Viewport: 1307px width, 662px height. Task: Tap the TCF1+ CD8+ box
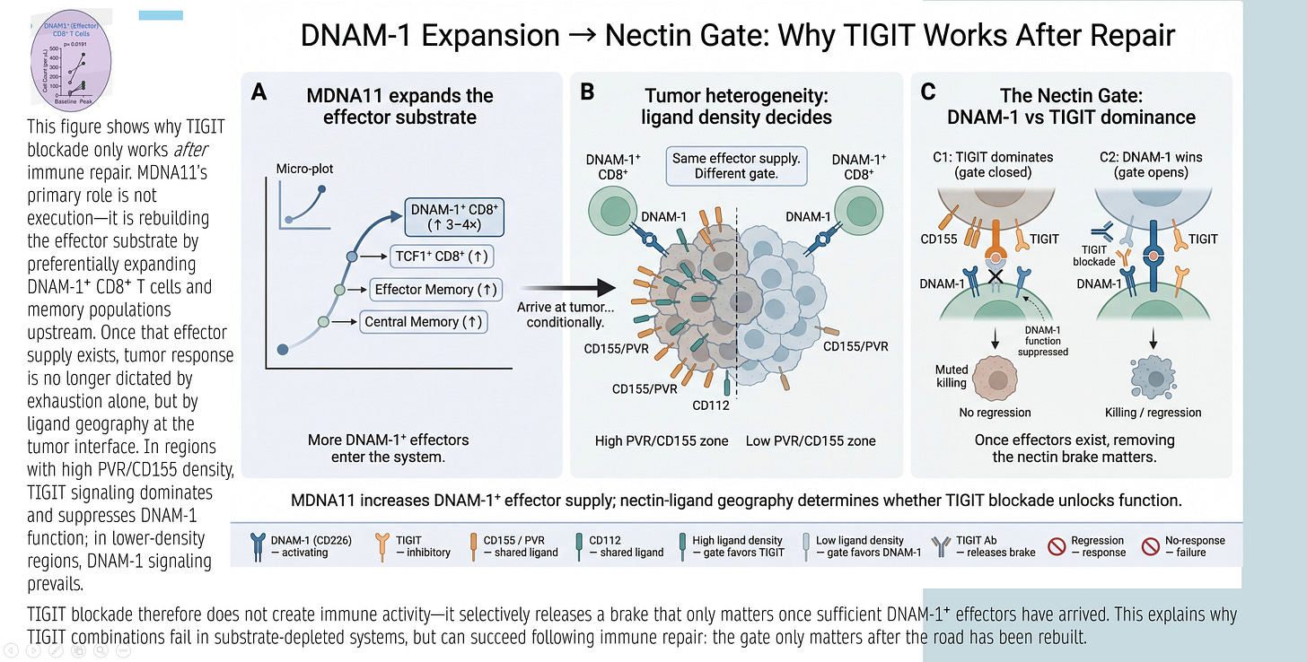click(x=441, y=256)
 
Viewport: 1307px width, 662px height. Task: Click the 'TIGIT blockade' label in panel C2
click(x=1093, y=256)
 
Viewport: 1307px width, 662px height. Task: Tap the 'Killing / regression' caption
click(x=1153, y=412)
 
